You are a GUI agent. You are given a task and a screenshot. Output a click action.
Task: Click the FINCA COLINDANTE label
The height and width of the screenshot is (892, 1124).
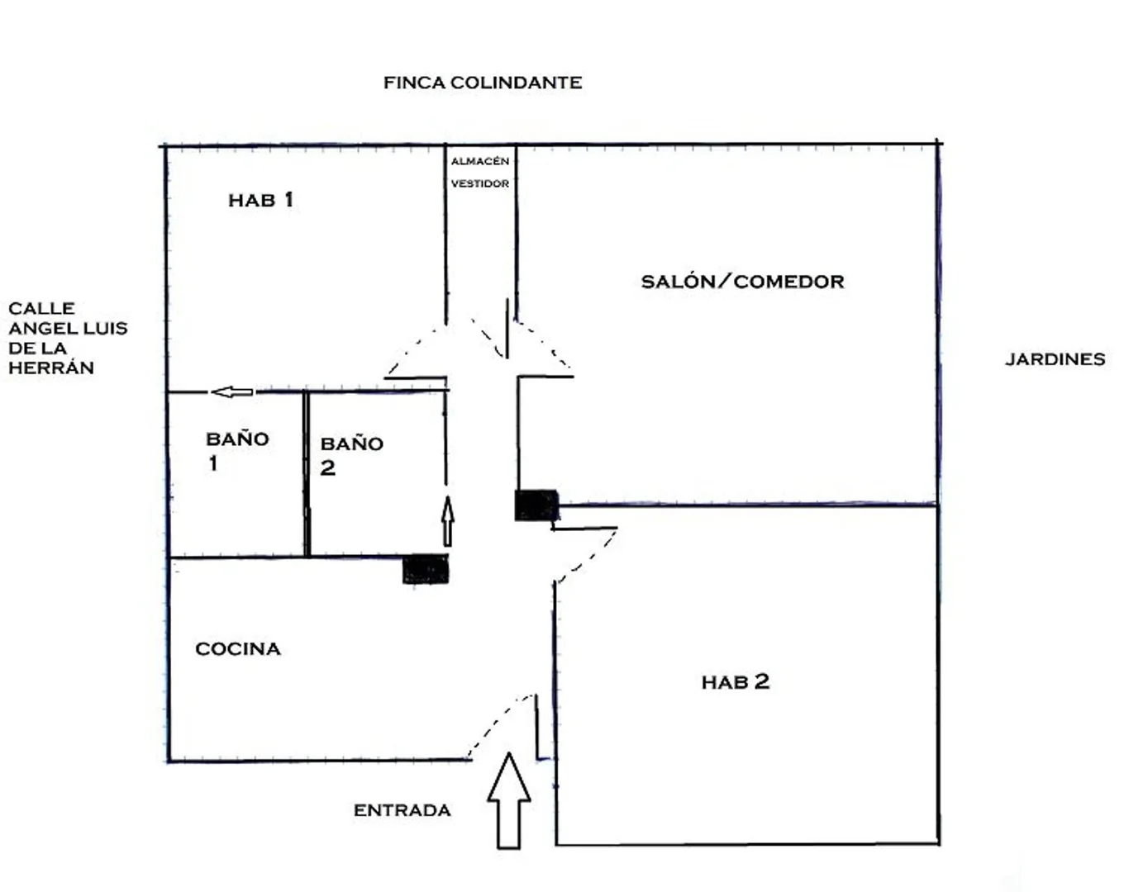point(483,83)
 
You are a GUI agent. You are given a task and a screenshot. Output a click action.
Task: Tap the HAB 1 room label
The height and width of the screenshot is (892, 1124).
point(260,200)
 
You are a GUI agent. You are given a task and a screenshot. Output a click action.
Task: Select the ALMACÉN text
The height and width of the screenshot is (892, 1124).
point(480,161)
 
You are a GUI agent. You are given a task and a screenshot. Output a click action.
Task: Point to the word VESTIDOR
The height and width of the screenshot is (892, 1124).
point(480,183)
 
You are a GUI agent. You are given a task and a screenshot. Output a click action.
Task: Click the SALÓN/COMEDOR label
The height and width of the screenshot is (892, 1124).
point(742,282)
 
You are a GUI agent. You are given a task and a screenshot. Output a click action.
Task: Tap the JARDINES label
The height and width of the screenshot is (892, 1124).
point(1055,359)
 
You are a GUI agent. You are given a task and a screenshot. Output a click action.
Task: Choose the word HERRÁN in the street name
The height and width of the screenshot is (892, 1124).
point(51,368)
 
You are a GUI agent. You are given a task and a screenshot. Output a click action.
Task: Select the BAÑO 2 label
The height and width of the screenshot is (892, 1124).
point(351,456)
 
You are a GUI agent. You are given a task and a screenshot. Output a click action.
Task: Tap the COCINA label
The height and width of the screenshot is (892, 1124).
point(238,649)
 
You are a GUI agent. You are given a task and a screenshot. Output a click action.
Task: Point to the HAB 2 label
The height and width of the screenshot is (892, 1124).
point(736,682)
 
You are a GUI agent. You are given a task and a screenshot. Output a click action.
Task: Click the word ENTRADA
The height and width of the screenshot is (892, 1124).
point(402,810)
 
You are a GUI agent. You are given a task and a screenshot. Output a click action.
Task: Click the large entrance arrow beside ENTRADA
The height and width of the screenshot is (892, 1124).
point(509,800)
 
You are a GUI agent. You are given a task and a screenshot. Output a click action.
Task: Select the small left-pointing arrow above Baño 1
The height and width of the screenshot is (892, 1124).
point(232,391)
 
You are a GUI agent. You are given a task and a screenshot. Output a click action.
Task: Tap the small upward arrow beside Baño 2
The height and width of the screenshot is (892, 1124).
point(448,521)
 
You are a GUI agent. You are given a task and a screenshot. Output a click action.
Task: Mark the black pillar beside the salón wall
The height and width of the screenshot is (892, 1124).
point(536,505)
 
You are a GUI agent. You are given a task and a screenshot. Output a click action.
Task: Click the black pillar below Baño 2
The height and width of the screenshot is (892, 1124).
point(426,569)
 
